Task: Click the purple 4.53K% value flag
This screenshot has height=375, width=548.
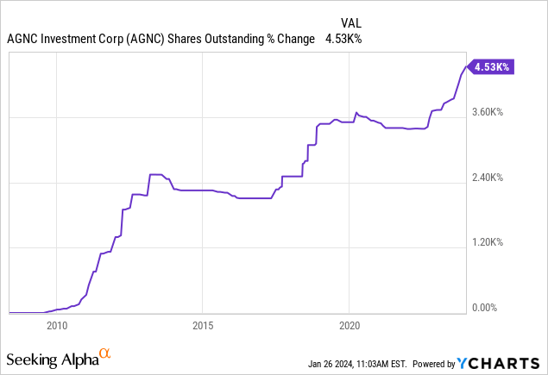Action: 493,66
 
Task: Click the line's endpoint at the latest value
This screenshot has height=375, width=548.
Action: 465,66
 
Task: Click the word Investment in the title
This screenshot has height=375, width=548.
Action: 64,39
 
